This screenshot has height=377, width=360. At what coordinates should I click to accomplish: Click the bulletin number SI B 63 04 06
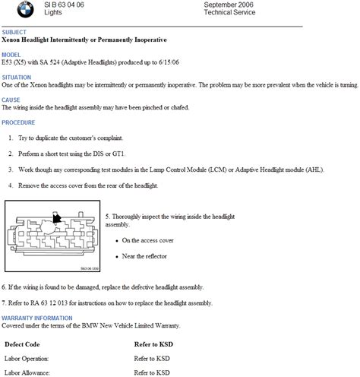click(62, 5)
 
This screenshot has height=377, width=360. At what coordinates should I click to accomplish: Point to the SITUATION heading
click(17, 78)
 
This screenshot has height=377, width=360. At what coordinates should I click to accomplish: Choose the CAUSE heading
click(11, 100)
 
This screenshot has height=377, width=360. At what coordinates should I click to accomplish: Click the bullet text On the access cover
click(147, 239)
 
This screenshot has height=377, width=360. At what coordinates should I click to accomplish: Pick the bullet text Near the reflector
click(145, 255)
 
